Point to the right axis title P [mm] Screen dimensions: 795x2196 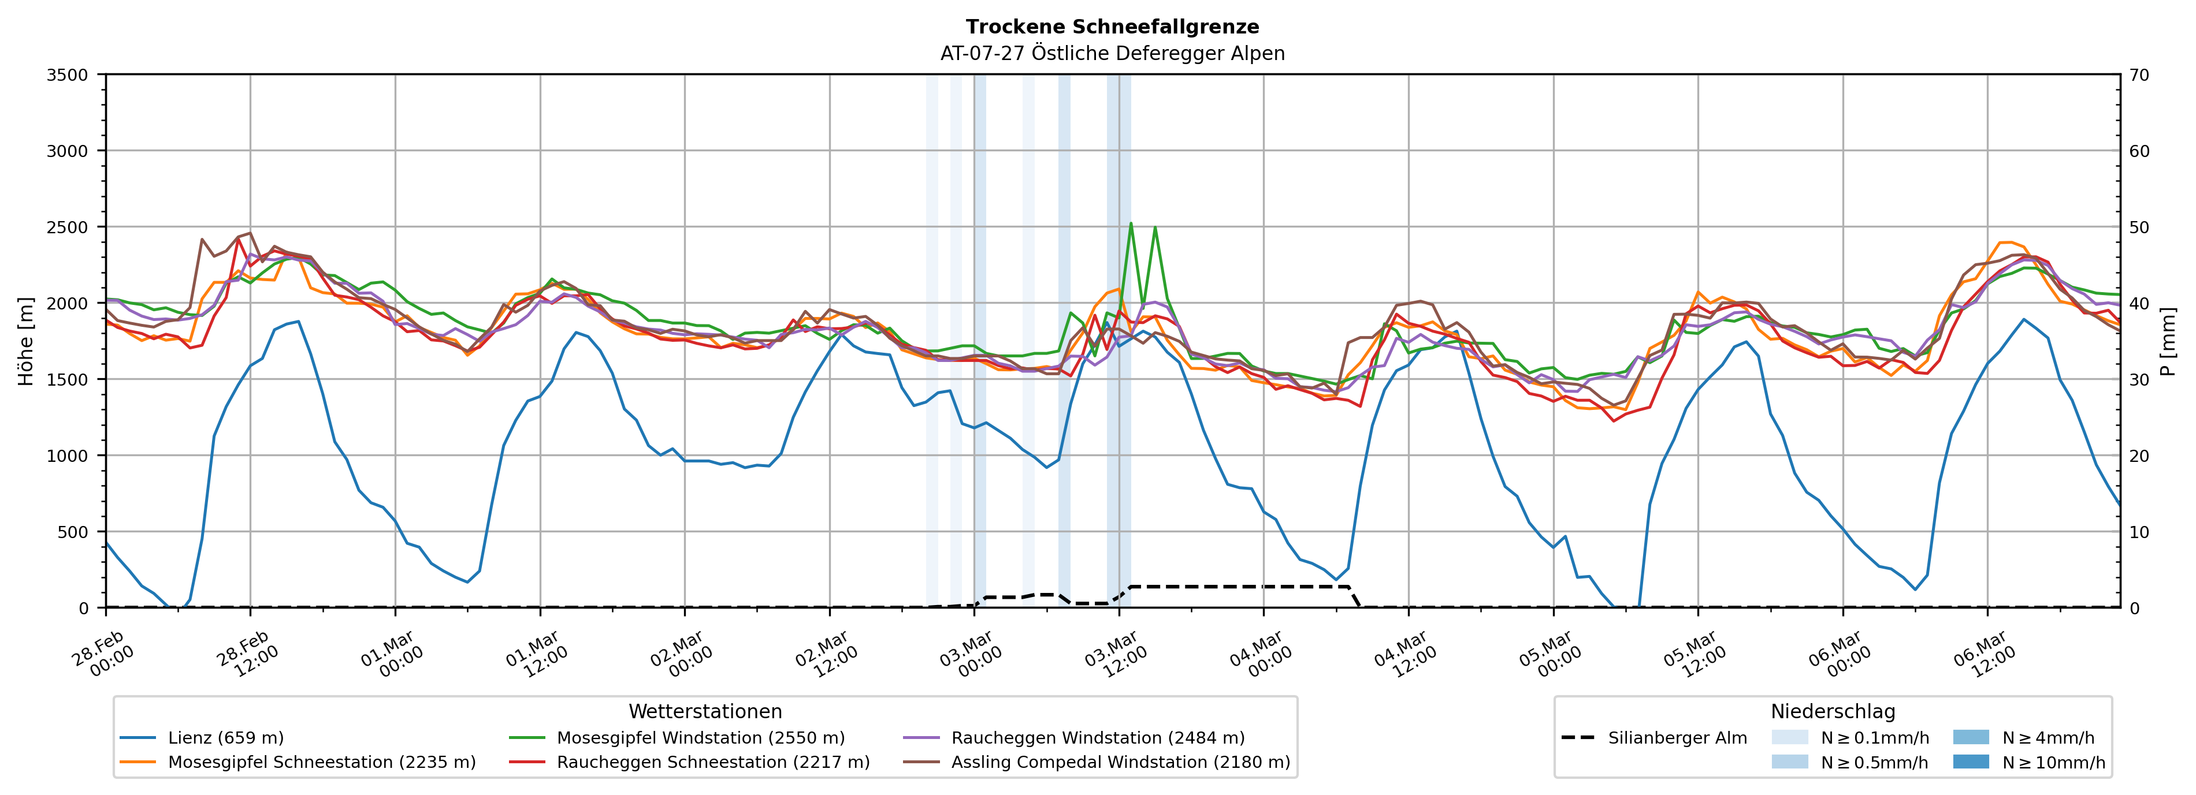click(2168, 341)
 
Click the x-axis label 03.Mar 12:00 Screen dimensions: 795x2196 click(1117, 654)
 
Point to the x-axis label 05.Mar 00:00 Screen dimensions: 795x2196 click(1551, 654)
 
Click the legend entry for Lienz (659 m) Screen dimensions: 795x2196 click(225, 738)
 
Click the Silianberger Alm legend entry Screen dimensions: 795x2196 click(1677, 738)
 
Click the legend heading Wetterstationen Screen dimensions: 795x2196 click(705, 711)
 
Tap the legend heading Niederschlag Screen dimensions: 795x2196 click(1833, 711)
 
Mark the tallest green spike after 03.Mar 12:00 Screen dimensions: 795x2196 click(1131, 224)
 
